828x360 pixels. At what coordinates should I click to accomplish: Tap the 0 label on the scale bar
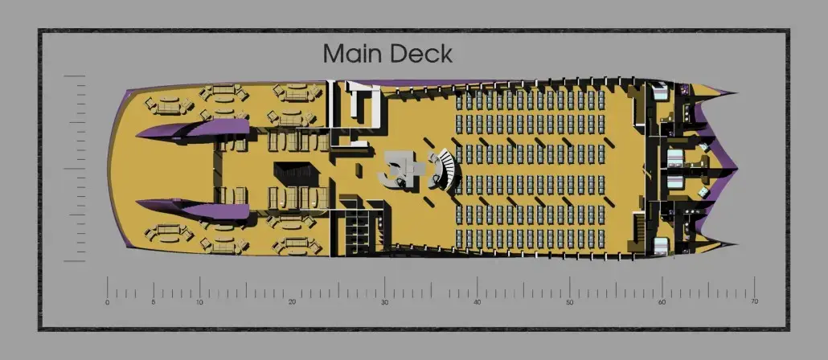(108, 302)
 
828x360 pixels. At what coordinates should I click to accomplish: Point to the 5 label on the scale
(154, 302)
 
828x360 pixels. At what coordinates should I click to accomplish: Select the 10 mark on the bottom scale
(199, 302)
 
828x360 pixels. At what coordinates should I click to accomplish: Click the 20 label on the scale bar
(292, 302)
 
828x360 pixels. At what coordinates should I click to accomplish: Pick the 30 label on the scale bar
(384, 302)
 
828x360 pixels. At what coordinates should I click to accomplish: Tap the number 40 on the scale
(477, 302)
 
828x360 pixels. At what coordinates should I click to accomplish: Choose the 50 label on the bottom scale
(569, 302)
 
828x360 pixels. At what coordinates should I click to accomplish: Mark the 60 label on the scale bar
(662, 302)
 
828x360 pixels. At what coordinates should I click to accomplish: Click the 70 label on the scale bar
(754, 301)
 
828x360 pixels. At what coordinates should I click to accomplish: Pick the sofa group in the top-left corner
(169, 104)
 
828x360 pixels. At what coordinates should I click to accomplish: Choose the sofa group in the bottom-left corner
(169, 233)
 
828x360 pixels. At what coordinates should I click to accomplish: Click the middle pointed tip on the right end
(736, 170)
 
